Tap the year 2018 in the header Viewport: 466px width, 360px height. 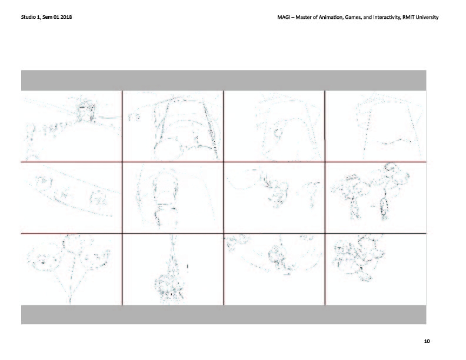[x=66, y=17]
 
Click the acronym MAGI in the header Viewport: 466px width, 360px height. [x=283, y=17]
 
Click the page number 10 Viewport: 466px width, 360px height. [x=427, y=341]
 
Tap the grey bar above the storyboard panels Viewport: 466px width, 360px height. [x=224, y=81]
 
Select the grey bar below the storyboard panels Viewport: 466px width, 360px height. [x=224, y=315]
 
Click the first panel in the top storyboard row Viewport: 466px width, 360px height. [x=71, y=126]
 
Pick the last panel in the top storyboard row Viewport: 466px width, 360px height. [x=376, y=126]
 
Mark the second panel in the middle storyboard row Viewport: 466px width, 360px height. [x=173, y=198]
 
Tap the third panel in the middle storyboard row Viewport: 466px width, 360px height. [x=274, y=198]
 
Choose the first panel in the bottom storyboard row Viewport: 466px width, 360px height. [x=71, y=269]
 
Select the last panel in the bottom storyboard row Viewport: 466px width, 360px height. [x=376, y=269]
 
